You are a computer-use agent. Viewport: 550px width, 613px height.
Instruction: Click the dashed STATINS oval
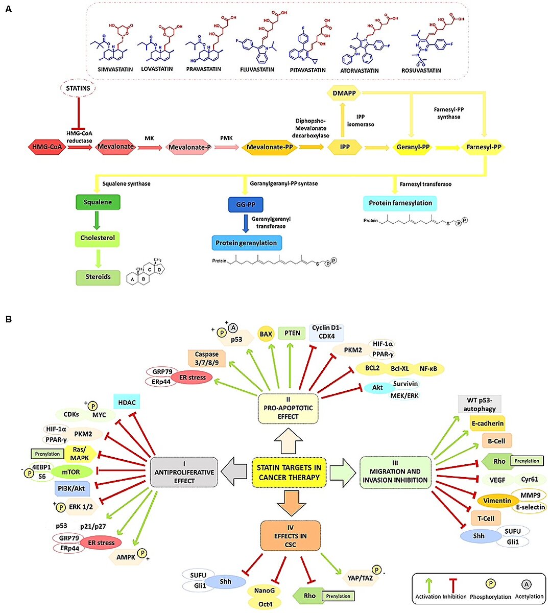tap(78, 88)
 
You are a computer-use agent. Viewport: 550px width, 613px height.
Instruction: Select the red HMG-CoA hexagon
tap(47, 147)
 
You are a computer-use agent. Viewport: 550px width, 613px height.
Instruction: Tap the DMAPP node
tap(344, 93)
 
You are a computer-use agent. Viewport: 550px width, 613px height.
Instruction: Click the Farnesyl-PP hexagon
tap(484, 147)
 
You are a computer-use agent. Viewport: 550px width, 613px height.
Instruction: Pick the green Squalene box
tap(98, 202)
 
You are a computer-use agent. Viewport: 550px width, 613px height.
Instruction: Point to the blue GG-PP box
tap(245, 205)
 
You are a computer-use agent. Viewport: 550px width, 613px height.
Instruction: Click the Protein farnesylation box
tap(400, 203)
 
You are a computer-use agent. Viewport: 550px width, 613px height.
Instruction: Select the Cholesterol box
tap(98, 238)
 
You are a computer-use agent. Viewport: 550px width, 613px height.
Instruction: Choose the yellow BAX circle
tap(266, 334)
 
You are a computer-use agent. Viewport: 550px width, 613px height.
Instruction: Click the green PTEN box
tap(292, 333)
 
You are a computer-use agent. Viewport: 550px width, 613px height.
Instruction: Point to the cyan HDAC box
tap(126, 403)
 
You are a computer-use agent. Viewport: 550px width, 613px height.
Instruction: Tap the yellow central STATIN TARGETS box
tap(289, 473)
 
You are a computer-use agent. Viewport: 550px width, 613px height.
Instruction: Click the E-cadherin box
tap(487, 423)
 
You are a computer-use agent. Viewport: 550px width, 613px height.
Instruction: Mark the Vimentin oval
tap(496, 501)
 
